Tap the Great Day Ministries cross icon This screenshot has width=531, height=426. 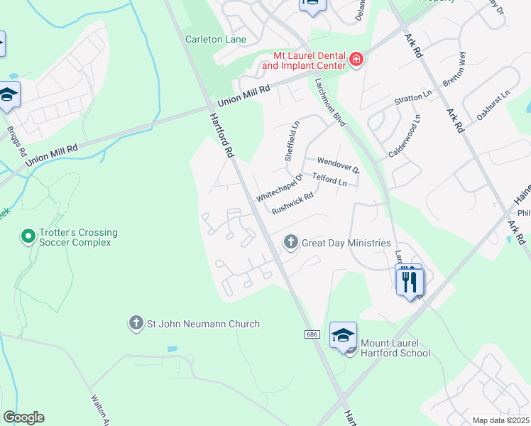pos(290,243)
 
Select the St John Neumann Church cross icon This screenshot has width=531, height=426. pos(136,324)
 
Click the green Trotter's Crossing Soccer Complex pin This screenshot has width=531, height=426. pos(28,235)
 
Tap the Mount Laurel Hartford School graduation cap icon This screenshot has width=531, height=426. pos(343,334)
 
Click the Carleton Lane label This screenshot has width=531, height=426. pos(216,39)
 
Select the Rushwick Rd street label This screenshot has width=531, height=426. pos(292,204)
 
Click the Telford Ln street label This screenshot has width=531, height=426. pos(329,181)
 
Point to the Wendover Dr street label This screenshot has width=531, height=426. pos(339,165)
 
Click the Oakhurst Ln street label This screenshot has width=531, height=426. pos(494,104)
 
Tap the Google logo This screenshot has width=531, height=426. pos(23,417)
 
